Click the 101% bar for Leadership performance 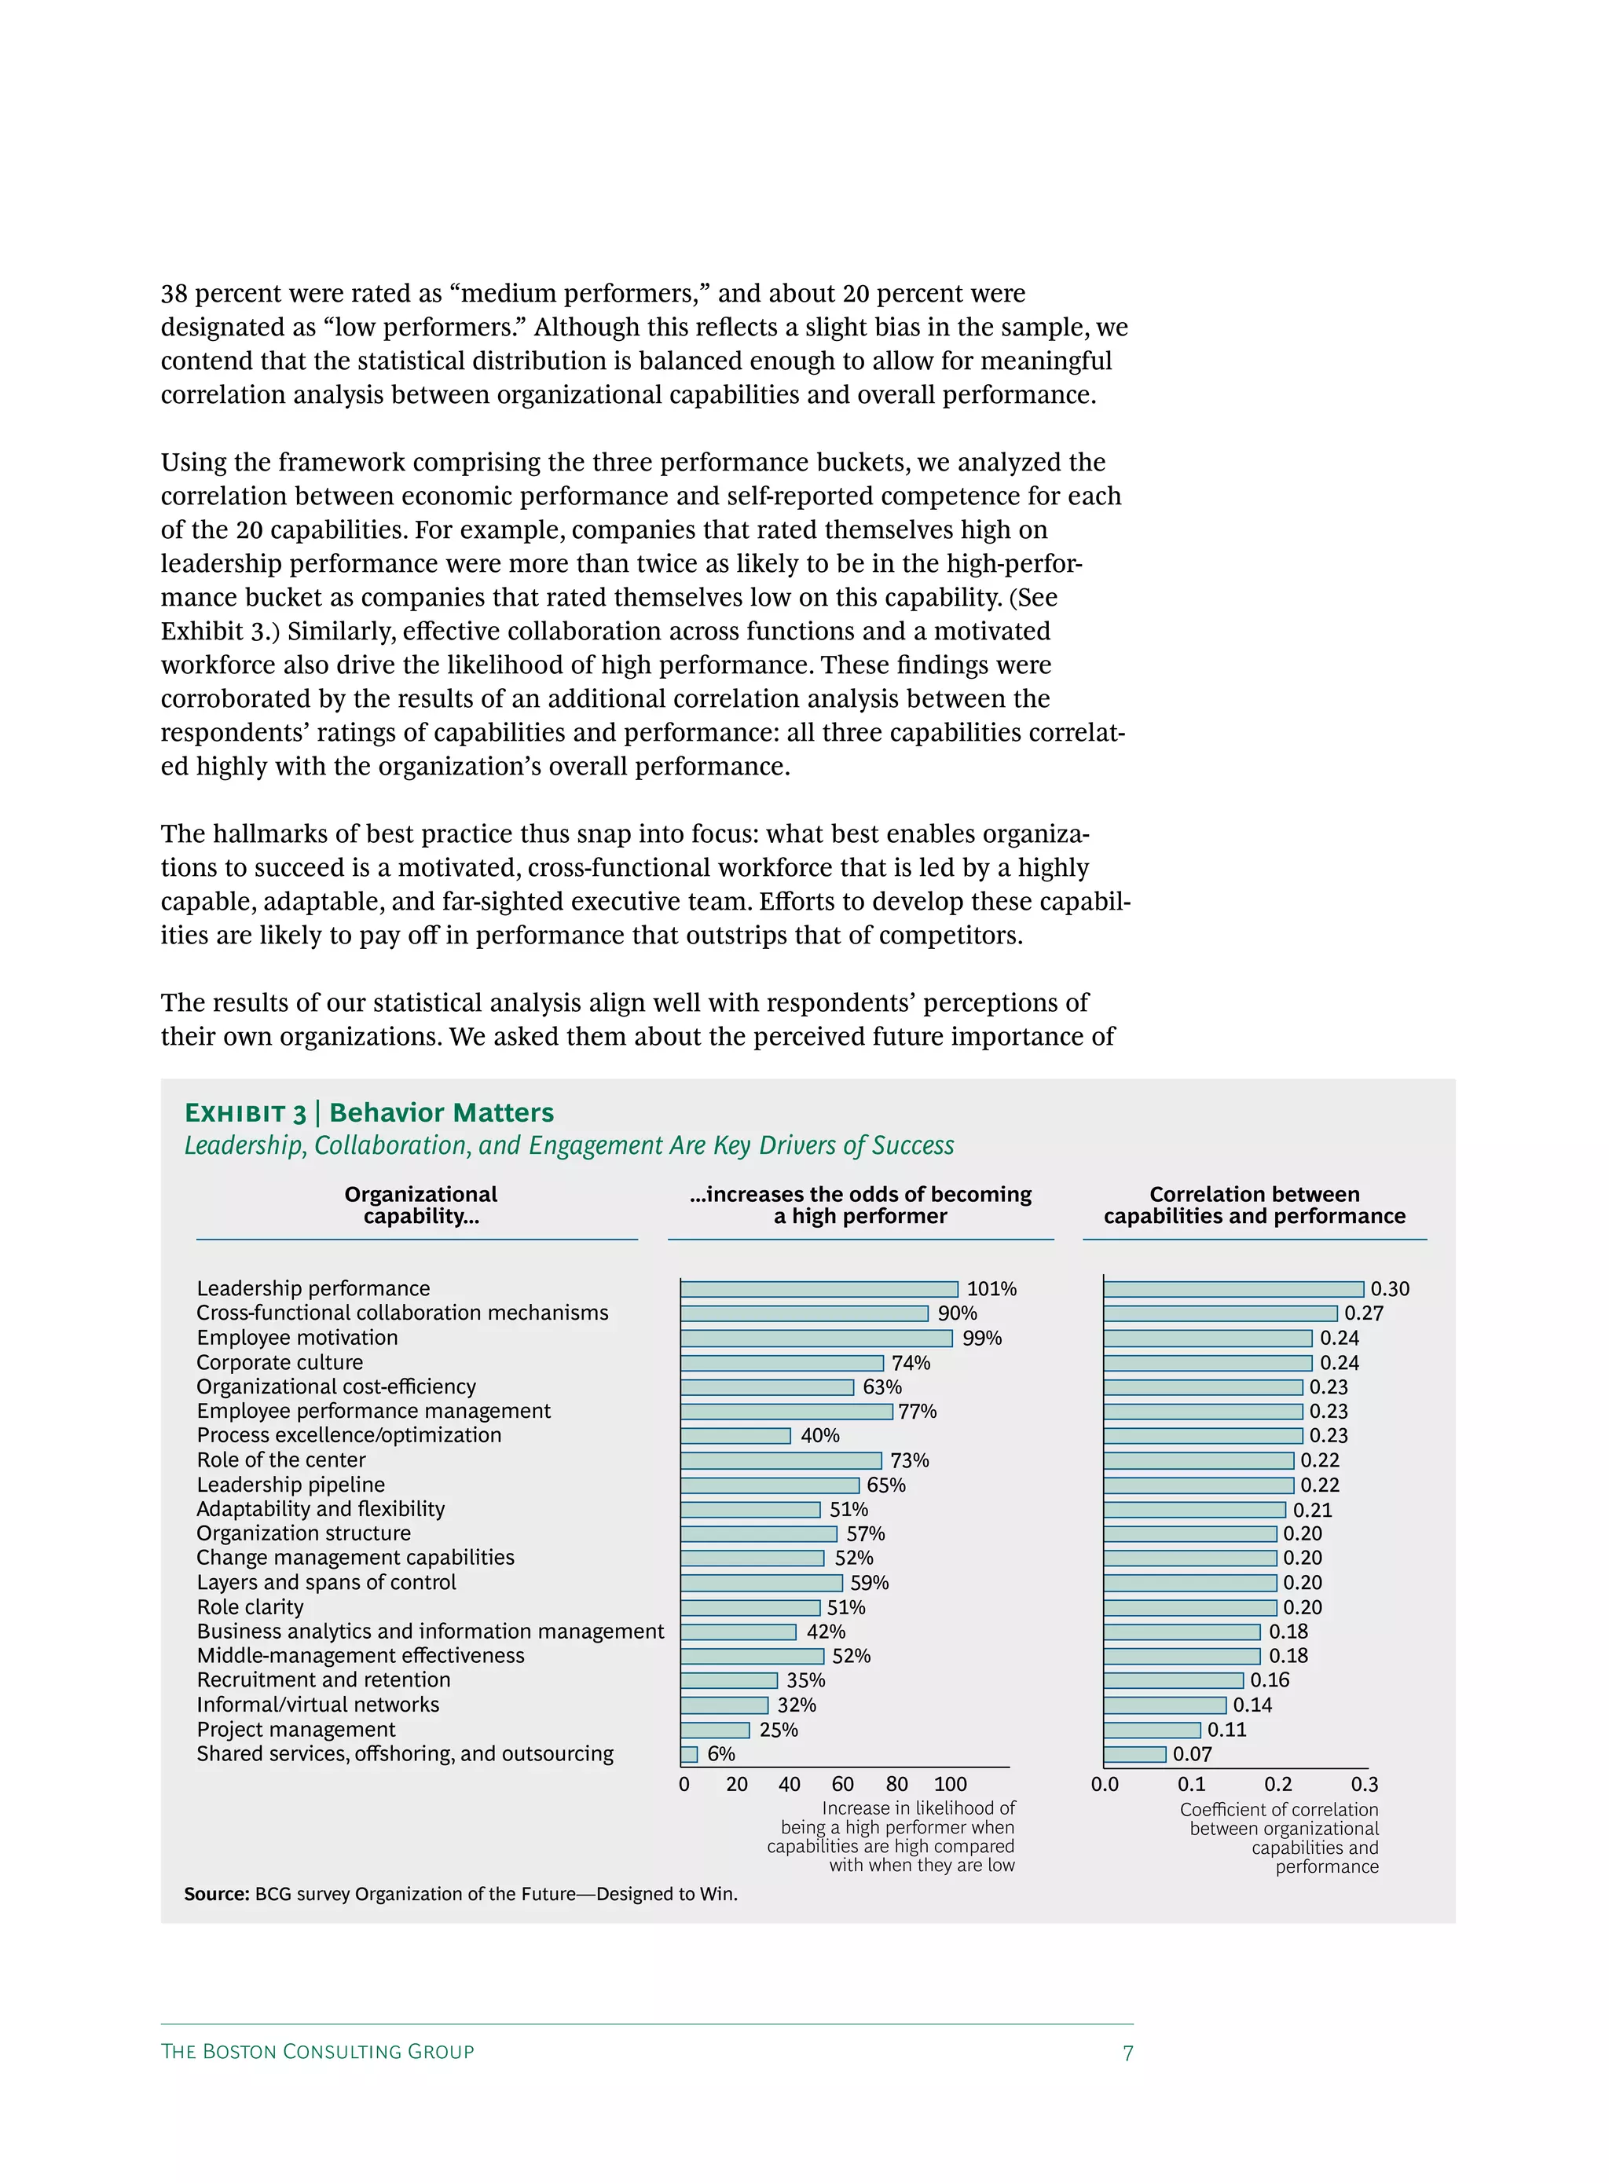click(x=819, y=1289)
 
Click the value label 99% click(x=982, y=1339)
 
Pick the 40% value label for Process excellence click(x=820, y=1436)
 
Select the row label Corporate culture click(x=280, y=1363)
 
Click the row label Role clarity click(x=251, y=1607)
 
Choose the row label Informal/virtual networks click(x=317, y=1705)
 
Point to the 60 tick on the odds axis click(x=842, y=1785)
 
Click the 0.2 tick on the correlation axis click(x=1277, y=1785)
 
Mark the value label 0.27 click(x=1364, y=1313)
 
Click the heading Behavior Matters click(x=442, y=1113)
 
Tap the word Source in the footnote click(x=216, y=1894)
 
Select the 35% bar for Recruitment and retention click(x=728, y=1680)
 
